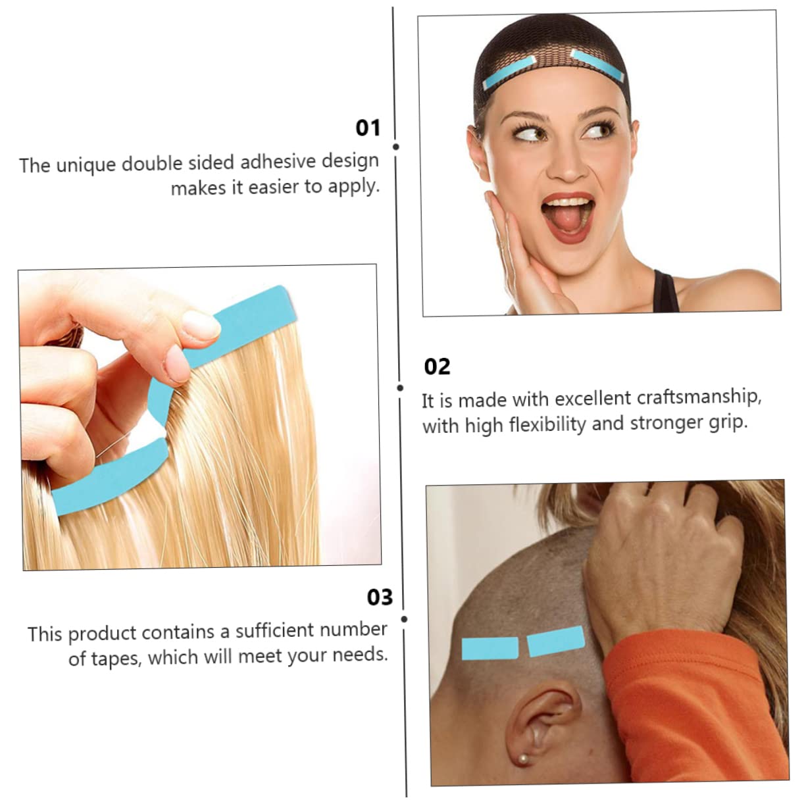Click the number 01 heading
point(368,128)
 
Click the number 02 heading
point(437,366)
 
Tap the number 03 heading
point(380,597)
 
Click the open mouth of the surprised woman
point(567,218)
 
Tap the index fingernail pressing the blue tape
point(200,325)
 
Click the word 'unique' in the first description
point(82,164)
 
